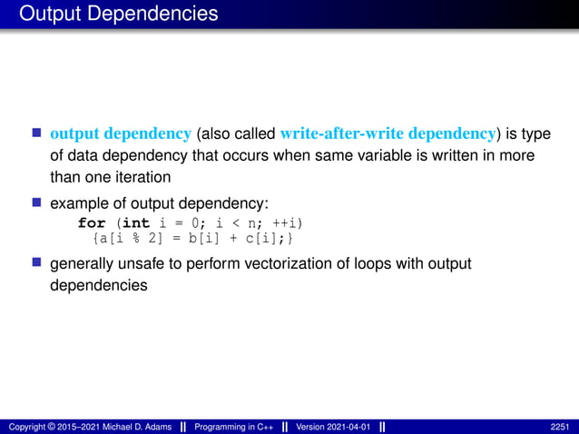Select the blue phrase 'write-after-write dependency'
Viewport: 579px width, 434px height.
[x=389, y=134]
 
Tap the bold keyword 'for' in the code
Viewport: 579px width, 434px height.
[x=92, y=222]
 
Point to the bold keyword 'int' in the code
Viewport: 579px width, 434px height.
[x=136, y=222]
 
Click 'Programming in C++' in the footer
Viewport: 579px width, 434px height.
[x=231, y=426]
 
